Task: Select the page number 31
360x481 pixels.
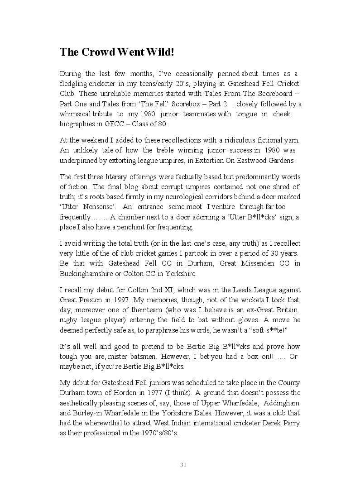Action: coord(183,465)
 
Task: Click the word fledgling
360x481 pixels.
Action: coord(75,84)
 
